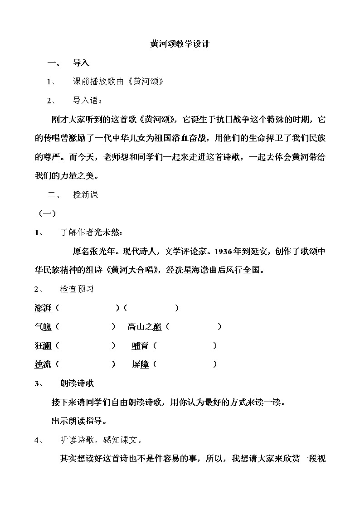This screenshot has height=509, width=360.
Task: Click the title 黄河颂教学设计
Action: click(180, 44)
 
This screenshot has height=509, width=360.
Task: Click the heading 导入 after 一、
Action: click(81, 63)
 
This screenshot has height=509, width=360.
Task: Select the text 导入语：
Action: click(88, 101)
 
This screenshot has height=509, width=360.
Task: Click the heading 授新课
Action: click(85, 195)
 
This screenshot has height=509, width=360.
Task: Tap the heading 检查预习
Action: click(77, 289)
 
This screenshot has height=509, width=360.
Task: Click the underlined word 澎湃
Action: click(43, 308)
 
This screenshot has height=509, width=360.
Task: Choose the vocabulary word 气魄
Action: click(43, 327)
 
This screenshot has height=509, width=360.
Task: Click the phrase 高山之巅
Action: click(145, 327)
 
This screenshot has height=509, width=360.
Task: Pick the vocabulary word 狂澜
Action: click(43, 346)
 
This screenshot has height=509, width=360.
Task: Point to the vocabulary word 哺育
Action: click(140, 346)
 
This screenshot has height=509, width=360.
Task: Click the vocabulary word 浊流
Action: click(43, 364)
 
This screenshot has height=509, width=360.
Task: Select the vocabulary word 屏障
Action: click(140, 364)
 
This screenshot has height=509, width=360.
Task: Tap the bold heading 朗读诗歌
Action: click(77, 383)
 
